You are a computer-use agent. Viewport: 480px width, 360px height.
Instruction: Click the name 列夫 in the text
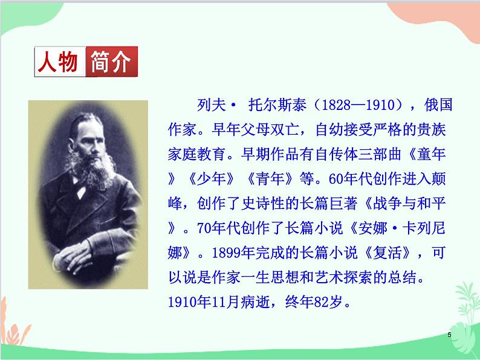click(212, 104)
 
